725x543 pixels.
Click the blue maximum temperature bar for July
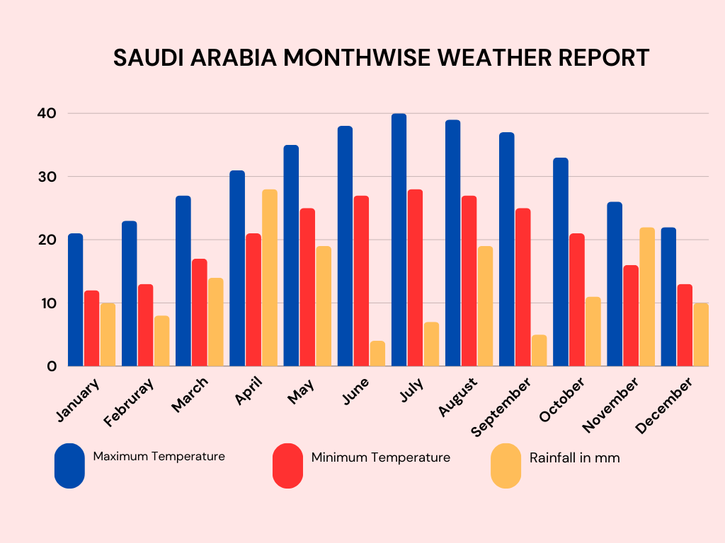(399, 240)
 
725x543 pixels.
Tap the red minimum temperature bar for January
(91, 328)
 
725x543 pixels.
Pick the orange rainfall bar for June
(377, 354)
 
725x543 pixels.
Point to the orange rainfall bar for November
(647, 297)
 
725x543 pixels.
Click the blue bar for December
(668, 297)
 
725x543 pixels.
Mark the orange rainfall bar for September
(539, 350)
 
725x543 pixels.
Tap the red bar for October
(576, 300)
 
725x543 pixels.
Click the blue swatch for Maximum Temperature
(69, 466)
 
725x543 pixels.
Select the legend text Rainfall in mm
(574, 458)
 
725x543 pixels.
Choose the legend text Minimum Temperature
(380, 457)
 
